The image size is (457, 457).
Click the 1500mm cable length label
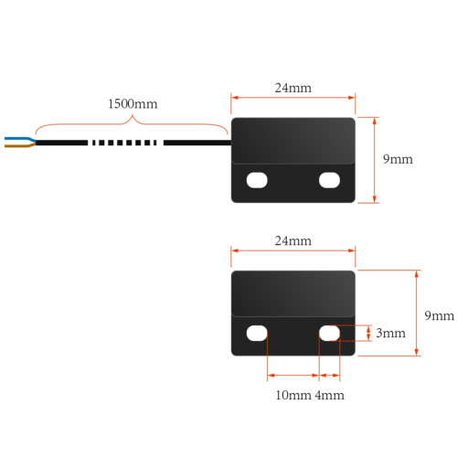click(133, 104)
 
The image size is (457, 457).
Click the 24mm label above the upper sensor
click(293, 88)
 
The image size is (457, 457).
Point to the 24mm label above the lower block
click(293, 241)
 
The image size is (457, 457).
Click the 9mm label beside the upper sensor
click(398, 159)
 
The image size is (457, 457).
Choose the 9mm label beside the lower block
click(440, 315)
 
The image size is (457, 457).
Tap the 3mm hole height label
click(390, 333)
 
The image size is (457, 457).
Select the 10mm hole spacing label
click(293, 395)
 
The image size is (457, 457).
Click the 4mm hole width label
click(330, 395)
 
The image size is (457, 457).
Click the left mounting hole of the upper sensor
click(257, 180)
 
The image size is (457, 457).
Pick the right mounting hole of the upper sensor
click(329, 180)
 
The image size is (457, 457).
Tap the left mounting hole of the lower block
click(257, 333)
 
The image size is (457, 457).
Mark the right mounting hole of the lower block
click(329, 333)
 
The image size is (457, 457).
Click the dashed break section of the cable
click(124, 143)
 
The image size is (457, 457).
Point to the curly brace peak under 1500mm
click(133, 116)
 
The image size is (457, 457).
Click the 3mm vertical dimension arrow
click(368, 333)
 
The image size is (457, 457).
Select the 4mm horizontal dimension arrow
click(329, 376)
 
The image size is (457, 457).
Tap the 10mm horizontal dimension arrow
click(293, 376)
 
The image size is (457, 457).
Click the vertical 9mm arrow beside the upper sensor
click(375, 160)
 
